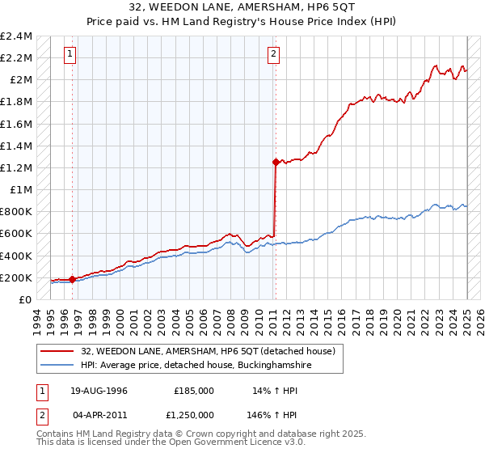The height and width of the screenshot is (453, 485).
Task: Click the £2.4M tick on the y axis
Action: (x=16, y=36)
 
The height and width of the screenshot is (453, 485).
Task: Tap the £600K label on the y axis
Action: (x=16, y=234)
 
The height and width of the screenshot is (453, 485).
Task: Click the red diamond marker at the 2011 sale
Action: (x=276, y=162)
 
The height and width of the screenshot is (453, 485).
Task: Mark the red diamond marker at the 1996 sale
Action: (x=73, y=279)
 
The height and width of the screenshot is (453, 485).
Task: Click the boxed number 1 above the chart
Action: (x=70, y=54)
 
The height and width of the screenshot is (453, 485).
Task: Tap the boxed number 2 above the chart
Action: (x=273, y=54)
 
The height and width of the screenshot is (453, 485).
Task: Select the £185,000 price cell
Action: (x=194, y=390)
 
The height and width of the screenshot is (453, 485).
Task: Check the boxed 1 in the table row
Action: (x=40, y=390)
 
